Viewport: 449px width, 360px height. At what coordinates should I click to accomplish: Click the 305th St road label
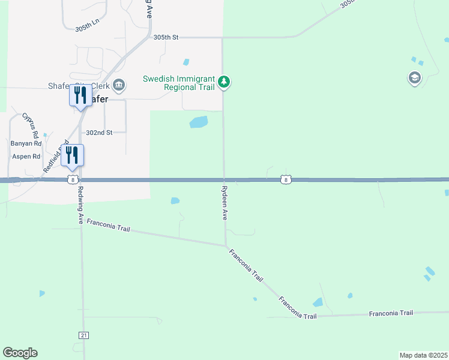point(166,37)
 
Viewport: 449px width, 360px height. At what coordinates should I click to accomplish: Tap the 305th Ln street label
point(88,29)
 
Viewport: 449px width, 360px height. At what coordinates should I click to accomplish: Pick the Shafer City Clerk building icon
point(119,85)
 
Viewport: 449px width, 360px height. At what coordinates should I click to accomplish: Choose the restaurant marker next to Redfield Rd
point(72,155)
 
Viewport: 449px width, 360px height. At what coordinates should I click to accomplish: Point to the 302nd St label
point(99,133)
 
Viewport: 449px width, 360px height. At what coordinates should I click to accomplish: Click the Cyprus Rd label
point(31,125)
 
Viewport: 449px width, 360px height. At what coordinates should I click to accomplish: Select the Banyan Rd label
point(26,143)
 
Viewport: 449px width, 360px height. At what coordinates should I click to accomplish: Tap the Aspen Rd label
point(26,157)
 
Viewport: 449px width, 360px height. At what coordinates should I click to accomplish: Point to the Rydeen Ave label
point(224,202)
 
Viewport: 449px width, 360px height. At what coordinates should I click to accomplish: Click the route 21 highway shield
point(83,334)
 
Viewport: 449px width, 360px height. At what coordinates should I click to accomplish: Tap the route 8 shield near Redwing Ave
point(72,179)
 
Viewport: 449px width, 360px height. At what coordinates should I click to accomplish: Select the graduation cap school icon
point(414,78)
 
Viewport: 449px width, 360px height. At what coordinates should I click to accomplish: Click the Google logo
point(20,353)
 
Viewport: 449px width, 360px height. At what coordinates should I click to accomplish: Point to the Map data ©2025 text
point(423,355)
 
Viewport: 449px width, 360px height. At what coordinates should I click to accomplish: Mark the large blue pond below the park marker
point(199,122)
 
